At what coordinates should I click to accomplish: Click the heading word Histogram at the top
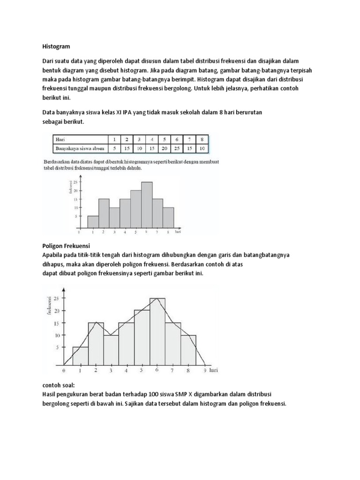(56, 47)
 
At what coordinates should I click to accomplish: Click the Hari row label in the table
(60, 139)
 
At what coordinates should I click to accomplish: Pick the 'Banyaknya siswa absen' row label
(78, 149)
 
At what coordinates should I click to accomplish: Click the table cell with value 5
(114, 149)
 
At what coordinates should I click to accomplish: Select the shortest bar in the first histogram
(93, 221)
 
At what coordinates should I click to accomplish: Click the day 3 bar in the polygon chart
(111, 350)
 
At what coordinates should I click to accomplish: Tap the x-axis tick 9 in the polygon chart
(205, 370)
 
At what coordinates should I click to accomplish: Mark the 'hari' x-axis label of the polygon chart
(214, 370)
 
